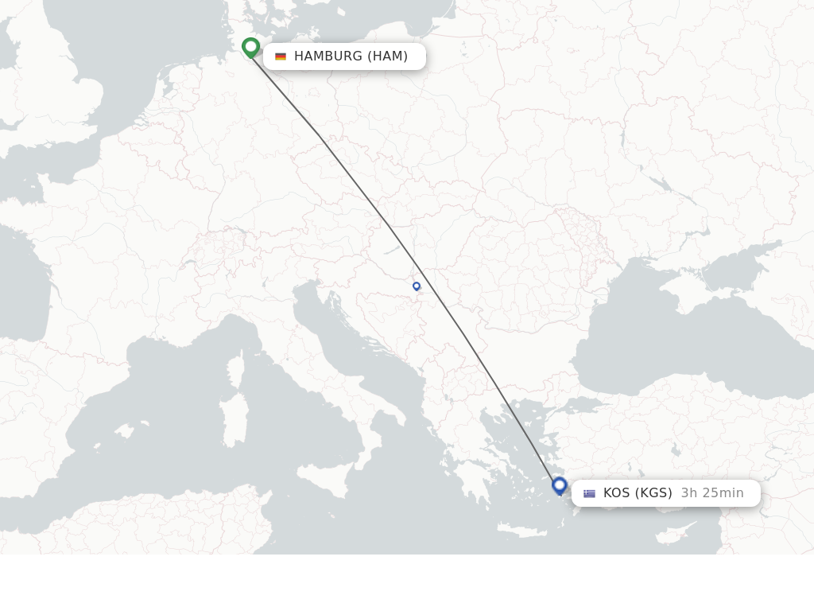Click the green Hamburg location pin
coord(250,47)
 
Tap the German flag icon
coord(281,56)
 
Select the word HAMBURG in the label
coord(328,56)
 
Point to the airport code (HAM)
coord(387,56)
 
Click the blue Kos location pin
coord(560,485)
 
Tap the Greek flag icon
coord(589,493)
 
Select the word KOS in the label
coord(617,493)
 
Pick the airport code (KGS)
coord(653,493)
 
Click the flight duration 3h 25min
coord(712,493)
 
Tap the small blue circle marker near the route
coord(417,286)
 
